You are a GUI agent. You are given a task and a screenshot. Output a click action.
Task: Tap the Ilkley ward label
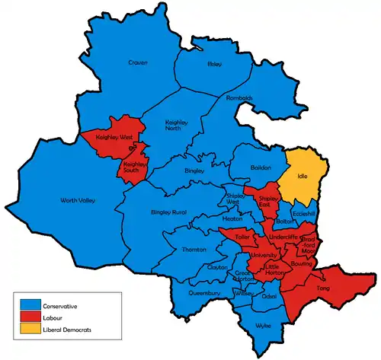click(x=214, y=65)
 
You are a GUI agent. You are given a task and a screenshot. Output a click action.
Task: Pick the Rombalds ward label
click(x=239, y=98)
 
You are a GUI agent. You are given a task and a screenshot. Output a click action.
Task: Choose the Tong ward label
click(x=322, y=288)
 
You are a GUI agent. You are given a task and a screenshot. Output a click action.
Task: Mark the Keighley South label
click(x=134, y=167)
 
